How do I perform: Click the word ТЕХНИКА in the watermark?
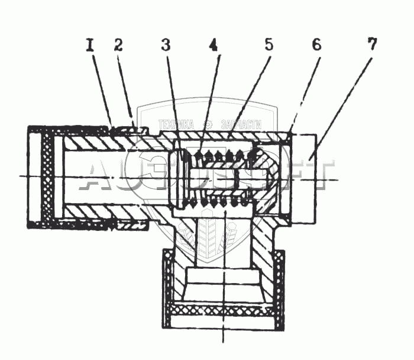pyautogui.click(x=176, y=125)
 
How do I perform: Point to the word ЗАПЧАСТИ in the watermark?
pyautogui.click(x=241, y=125)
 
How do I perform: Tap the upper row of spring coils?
pyautogui.click(x=222, y=156)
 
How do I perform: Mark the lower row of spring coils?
pyautogui.click(x=222, y=202)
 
